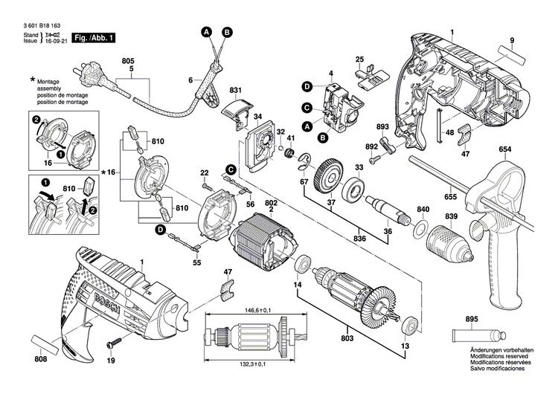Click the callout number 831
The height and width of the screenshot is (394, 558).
click(x=236, y=91)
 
